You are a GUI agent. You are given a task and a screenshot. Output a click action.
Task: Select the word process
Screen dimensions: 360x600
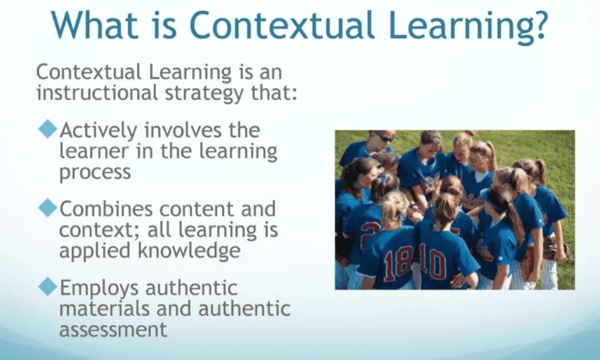pos(96,172)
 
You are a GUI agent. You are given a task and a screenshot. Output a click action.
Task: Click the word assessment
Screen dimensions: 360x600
pos(113,329)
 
